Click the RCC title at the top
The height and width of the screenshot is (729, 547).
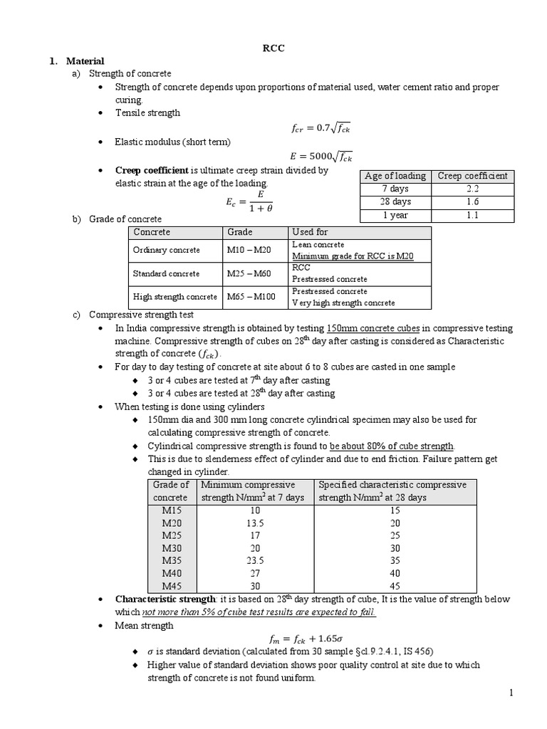point(273,48)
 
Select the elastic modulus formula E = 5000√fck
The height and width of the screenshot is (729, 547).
point(322,156)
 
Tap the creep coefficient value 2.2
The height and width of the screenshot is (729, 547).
point(473,189)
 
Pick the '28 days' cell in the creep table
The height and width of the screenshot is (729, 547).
point(395,201)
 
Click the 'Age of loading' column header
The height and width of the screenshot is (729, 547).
point(395,176)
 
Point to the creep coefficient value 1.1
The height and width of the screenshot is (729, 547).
point(473,214)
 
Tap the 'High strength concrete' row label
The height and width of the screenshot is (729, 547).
point(174,297)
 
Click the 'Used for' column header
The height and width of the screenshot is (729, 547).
point(310,232)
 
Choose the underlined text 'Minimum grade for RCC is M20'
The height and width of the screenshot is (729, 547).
point(353,256)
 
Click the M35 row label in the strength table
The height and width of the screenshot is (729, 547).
point(172,560)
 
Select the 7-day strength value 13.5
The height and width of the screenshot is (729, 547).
point(256,523)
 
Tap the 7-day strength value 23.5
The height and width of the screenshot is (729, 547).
point(256,560)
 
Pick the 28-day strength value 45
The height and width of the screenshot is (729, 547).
point(395,586)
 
